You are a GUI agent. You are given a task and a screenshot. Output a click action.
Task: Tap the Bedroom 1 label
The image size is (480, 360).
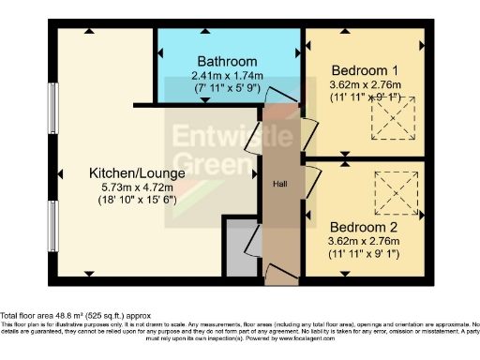(364, 70)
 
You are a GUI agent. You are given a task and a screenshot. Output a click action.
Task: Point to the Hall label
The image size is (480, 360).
(279, 185)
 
